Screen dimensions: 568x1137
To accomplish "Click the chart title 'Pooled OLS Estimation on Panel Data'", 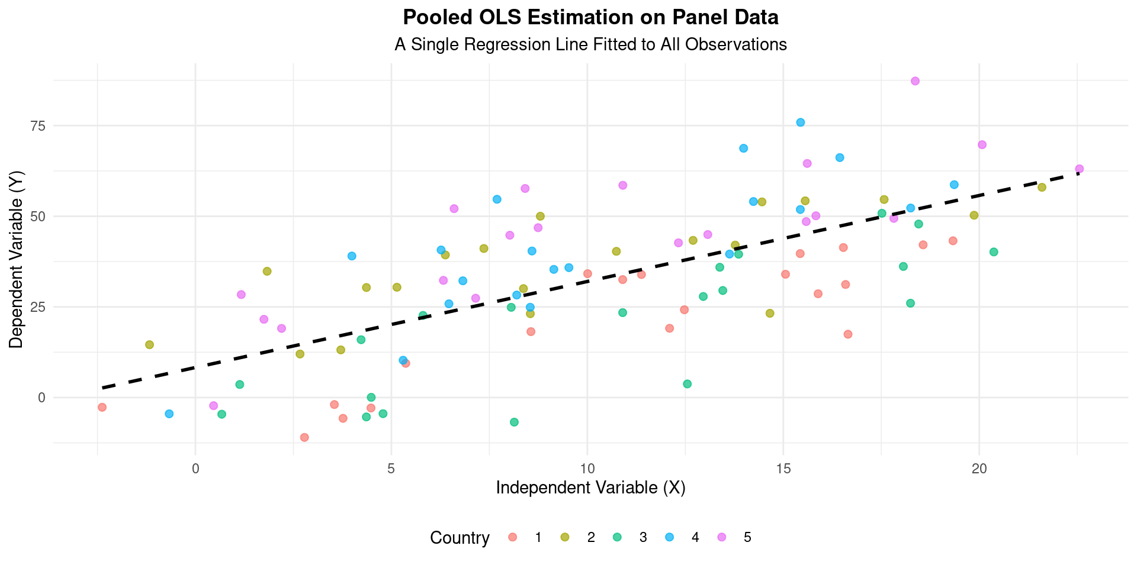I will (590, 18).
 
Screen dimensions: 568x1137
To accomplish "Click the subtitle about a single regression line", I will (590, 44).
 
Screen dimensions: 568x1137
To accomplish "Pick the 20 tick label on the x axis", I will (979, 468).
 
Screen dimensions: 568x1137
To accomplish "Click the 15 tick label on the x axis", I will (783, 468).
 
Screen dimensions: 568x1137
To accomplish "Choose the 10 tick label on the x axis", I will (587, 468).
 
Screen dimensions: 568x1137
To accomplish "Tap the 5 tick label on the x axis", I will (391, 468).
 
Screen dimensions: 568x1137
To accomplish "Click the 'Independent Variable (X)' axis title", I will (590, 488).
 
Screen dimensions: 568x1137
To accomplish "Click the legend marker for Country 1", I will (513, 537).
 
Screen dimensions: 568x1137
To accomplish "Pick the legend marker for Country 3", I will (617, 537).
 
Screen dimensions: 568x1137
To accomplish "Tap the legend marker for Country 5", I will (721, 537).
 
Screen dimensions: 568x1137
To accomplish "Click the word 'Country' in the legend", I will (460, 538).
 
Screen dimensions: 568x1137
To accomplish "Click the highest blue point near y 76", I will (800, 122).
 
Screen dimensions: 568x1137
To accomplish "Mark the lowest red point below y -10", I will (304, 437).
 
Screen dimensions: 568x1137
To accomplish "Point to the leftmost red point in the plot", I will (102, 407).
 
